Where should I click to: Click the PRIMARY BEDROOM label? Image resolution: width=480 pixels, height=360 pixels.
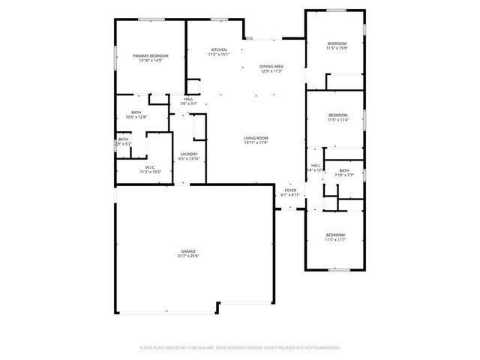tap(150, 56)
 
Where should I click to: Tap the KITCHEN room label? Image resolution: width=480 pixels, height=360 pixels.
tap(218, 49)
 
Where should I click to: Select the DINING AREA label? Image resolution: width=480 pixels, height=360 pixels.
tap(271, 67)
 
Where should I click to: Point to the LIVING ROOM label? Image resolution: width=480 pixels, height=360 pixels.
tap(256, 138)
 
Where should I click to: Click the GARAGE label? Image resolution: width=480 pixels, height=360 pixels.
tap(188, 251)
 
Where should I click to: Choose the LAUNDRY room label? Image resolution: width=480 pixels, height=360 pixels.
tap(188, 154)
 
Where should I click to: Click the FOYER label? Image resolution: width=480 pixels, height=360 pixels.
tap(290, 190)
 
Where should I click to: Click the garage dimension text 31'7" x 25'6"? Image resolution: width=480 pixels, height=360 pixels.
tap(188, 256)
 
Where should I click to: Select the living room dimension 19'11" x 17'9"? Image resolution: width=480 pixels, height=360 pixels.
tap(256, 142)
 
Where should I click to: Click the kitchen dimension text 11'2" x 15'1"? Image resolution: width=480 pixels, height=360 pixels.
tap(218, 54)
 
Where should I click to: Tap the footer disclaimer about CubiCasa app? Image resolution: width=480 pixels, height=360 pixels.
tap(240, 347)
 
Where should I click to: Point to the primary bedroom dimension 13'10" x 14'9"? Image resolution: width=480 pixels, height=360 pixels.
tap(150, 61)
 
